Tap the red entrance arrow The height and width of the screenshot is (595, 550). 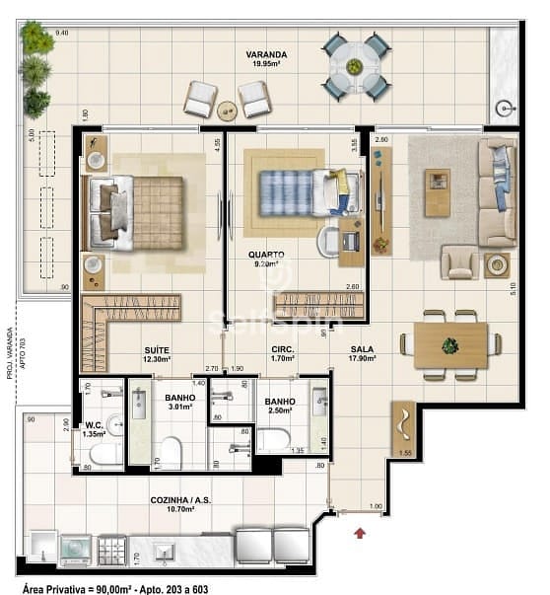361,534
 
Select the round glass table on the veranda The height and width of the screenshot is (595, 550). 355,66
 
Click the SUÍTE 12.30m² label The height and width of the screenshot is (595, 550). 156,355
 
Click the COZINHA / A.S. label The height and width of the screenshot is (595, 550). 181,505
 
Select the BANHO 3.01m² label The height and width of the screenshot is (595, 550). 180,401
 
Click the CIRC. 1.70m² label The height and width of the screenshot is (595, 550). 284,354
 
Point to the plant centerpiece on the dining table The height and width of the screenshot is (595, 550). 450,345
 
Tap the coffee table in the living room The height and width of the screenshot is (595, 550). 437,192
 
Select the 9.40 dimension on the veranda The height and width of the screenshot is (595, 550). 61,33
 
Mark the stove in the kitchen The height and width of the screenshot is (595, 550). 111,549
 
